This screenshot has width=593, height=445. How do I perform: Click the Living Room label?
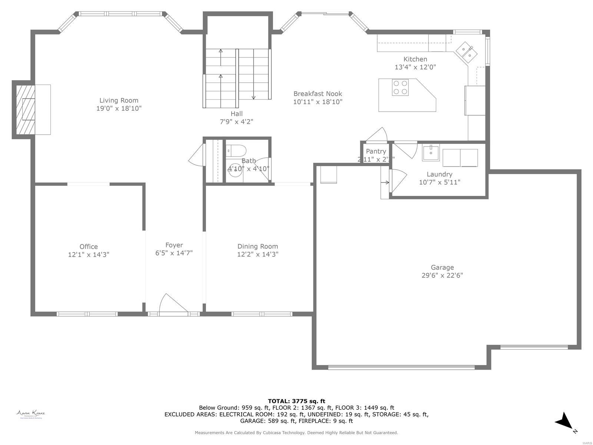pos(119,100)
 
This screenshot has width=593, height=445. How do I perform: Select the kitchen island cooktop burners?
pos(400,88)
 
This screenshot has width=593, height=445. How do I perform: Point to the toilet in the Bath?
pos(236,151)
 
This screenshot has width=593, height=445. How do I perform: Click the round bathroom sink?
pos(234,169)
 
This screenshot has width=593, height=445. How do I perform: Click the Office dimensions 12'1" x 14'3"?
pos(89,255)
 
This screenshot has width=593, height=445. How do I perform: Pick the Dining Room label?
pos(258,246)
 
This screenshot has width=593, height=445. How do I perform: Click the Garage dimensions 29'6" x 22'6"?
pos(442,275)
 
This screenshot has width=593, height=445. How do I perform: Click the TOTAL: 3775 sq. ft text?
pos(296,401)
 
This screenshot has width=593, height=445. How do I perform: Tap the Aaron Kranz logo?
pos(31,414)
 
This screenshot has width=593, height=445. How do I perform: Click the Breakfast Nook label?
pos(318,94)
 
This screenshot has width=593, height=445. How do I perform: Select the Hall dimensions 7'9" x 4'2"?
pos(236,122)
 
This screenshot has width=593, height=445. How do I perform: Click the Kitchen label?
pos(415,59)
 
